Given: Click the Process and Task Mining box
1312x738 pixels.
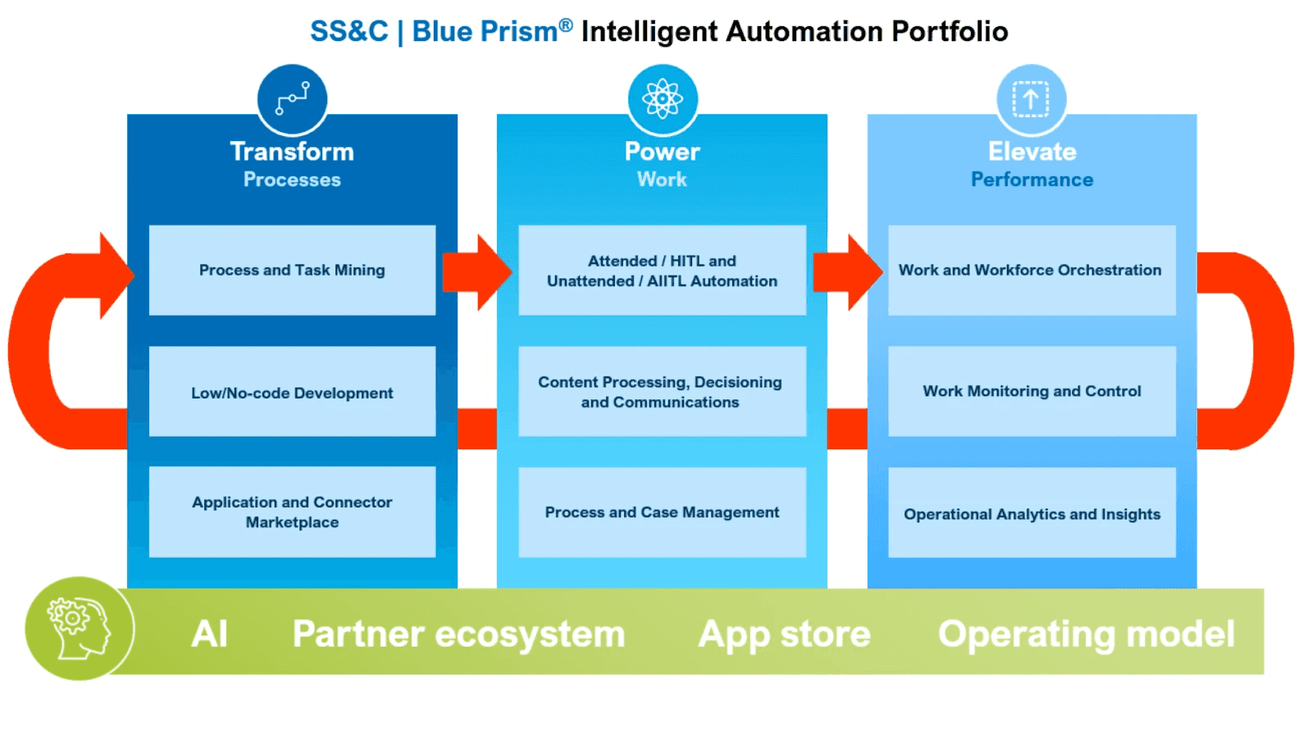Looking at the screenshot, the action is tap(292, 270).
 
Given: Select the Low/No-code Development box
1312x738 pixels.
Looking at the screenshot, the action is tap(292, 391).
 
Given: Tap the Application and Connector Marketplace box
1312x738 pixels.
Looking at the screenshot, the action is tap(292, 512).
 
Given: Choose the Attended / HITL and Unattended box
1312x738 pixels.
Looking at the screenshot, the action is tap(662, 270).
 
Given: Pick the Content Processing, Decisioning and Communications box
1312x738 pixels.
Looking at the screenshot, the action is tap(662, 391).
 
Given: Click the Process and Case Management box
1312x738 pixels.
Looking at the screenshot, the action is tap(662, 512).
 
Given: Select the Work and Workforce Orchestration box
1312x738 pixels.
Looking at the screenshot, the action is tap(1032, 270).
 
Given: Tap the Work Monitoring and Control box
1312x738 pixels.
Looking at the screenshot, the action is tap(1032, 391).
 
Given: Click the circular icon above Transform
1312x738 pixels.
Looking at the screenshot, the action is tap(292, 99).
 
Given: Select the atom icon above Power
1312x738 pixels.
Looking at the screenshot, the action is tap(663, 99).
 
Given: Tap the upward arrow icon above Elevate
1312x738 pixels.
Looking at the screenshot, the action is tap(1032, 99).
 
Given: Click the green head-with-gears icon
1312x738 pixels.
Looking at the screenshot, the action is tap(79, 628).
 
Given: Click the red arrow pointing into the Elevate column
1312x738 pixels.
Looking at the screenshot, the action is tap(848, 272).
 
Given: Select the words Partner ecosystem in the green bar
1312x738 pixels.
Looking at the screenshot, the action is tap(458, 634).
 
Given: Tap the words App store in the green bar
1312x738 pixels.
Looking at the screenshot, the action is tap(784, 634).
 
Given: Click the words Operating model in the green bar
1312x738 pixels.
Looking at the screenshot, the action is tap(1086, 634).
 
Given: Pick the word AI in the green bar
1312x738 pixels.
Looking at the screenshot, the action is tap(209, 633).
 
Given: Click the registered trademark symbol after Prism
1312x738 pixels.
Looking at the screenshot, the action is tap(565, 25).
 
